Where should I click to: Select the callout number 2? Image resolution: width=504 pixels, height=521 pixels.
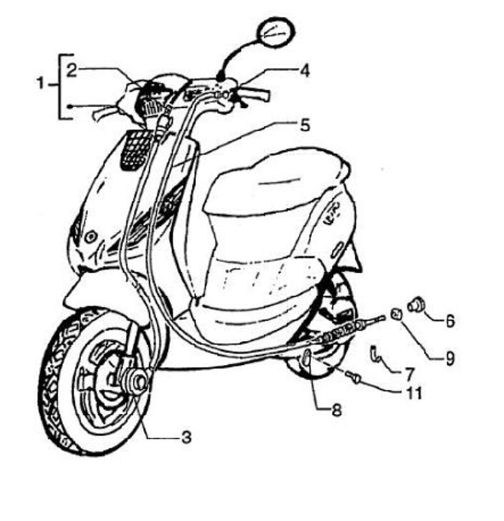point(72,69)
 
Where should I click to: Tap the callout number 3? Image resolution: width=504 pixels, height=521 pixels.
point(185,438)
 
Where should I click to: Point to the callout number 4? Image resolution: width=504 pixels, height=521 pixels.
point(304,70)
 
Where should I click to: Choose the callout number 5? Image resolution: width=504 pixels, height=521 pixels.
point(304,125)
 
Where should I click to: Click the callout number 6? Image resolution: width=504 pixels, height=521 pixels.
point(450,321)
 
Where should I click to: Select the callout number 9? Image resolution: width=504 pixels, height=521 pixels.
point(449,358)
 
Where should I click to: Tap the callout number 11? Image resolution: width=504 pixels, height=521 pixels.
point(414,393)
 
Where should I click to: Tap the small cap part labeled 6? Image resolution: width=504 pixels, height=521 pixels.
point(416,305)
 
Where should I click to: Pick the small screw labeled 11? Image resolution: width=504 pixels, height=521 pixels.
point(353,378)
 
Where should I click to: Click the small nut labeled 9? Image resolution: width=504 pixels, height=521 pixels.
point(395,313)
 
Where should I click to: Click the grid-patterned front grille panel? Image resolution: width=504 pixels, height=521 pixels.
point(136,149)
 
